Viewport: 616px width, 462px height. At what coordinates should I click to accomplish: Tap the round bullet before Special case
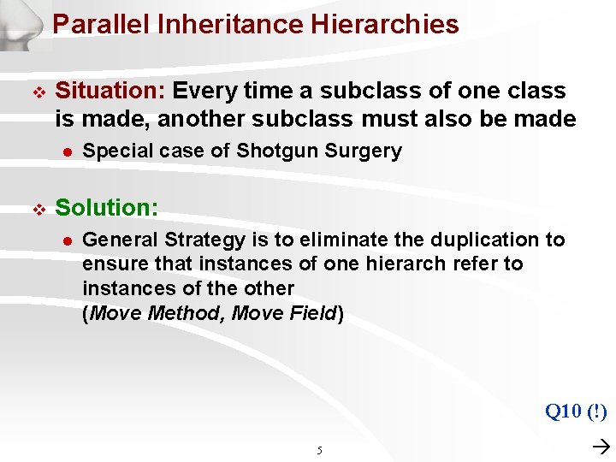[65, 152]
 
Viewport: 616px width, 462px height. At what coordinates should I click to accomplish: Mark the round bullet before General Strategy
[65, 240]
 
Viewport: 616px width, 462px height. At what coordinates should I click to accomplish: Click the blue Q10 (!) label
[575, 412]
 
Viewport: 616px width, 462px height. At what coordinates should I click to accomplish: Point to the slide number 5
[319, 450]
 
